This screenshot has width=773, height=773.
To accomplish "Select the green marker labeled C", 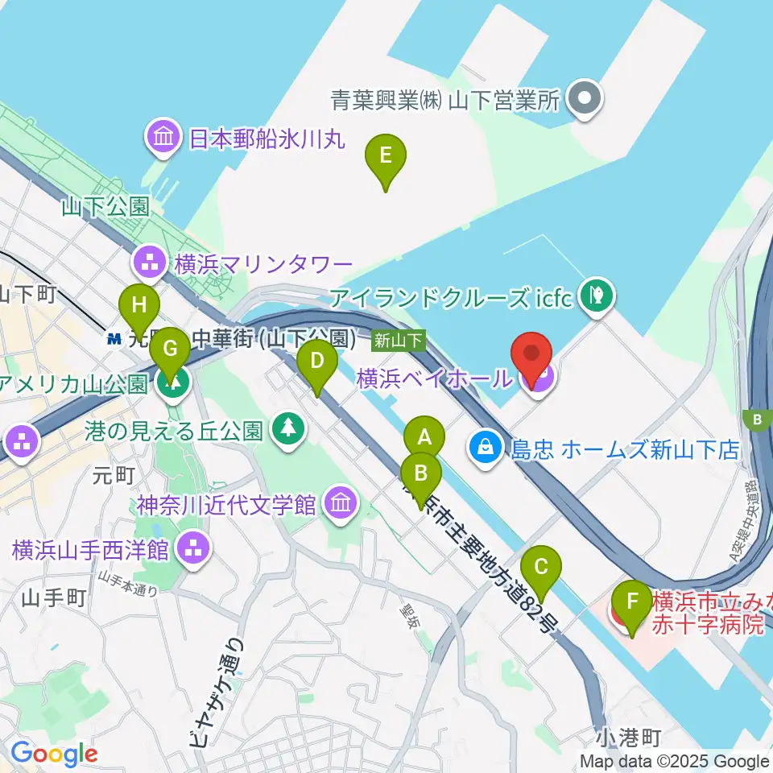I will coord(541,568).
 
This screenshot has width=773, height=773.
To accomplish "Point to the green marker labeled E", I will coord(386,155).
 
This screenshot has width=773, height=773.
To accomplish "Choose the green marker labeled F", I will coord(633,602).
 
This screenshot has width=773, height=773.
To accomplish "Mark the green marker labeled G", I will coord(170,349).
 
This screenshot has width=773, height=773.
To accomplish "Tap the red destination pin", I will coord(531,354).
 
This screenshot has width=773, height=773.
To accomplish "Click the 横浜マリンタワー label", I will coord(262,263).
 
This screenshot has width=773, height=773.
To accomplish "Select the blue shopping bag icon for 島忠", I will coord(486,449).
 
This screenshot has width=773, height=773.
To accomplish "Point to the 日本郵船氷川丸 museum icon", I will coord(164,138).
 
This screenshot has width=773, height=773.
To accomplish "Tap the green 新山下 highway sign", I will coord(398,341).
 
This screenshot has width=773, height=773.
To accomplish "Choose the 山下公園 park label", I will coord(105,207).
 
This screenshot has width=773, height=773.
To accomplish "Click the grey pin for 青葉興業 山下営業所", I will coord(585,100).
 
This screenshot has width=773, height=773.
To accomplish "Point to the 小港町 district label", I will coord(630,738).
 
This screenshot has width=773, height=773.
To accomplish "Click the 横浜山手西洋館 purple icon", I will coord(194,550).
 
